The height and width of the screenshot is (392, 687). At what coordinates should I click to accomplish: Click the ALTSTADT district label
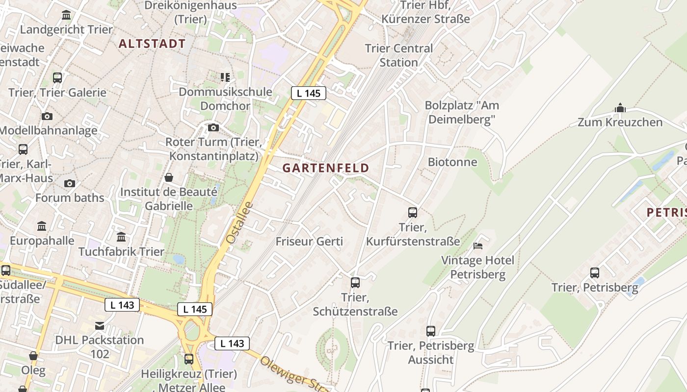coord(152,44)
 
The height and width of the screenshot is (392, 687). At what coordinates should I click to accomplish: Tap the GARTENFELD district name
coord(326,168)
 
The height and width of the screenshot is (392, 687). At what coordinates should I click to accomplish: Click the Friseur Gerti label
coord(309,242)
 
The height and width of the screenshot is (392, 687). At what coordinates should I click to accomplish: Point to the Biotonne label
coord(452,162)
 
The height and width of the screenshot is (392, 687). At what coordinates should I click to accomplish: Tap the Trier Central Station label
coord(399,55)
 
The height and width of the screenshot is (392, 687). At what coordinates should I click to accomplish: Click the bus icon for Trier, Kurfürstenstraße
coord(413,213)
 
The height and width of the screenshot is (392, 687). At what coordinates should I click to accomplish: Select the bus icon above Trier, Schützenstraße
coord(355,283)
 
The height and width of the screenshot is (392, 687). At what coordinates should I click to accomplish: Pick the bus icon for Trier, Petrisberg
coord(595,273)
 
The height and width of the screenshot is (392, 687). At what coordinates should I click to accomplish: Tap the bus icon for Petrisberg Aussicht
coord(431,331)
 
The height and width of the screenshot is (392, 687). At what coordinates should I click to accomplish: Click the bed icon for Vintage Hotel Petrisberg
coord(478,245)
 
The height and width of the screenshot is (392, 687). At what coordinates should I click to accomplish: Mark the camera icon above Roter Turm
coord(213,127)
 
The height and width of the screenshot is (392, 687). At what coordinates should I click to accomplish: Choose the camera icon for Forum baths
coord(70,183)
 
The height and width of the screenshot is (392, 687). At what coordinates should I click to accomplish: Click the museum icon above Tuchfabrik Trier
coord(121,237)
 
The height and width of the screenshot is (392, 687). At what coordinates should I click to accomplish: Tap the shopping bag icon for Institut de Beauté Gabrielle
coord(169,177)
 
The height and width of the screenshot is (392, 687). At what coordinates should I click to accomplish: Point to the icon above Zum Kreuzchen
coord(620,108)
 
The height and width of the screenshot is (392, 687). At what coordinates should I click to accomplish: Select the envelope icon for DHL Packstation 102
coord(100,325)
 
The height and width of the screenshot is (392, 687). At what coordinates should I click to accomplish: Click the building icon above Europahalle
coord(42,226)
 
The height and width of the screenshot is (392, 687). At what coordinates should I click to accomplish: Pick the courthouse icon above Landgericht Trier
coord(66,15)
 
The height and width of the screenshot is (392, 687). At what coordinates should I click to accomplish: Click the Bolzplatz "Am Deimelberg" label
coord(462,112)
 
